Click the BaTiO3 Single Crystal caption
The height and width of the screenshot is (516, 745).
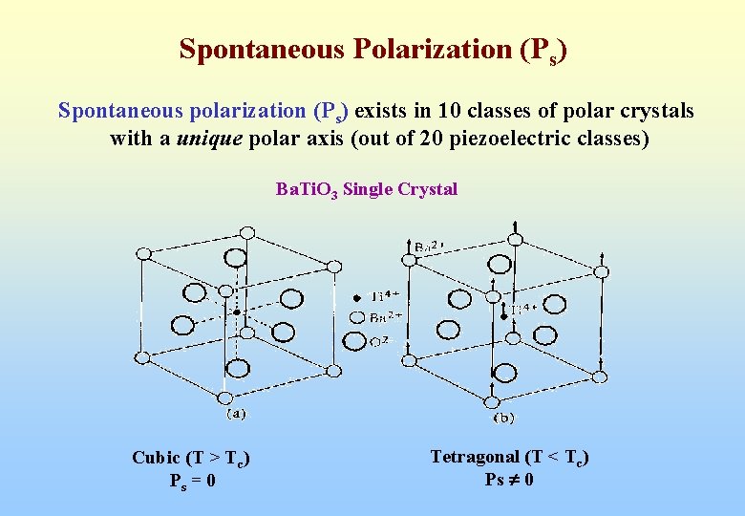(x=367, y=189)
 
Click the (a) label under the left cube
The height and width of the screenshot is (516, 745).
(x=235, y=414)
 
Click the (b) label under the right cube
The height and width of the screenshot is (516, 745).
(x=503, y=418)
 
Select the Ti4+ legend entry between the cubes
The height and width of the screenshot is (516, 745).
(x=374, y=297)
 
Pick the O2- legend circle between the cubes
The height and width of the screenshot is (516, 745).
(x=356, y=341)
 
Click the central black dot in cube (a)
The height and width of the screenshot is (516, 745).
(x=237, y=312)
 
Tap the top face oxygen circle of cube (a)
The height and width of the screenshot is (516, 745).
(x=233, y=258)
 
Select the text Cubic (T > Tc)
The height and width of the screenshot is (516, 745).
(x=192, y=458)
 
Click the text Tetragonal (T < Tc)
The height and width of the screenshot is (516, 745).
(x=510, y=458)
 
